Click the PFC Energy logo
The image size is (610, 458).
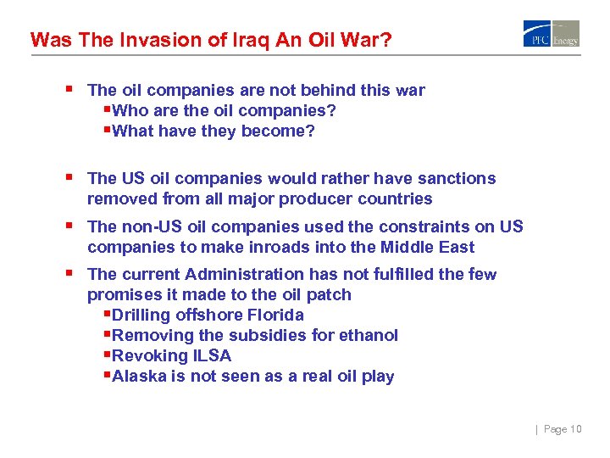tap(551, 34)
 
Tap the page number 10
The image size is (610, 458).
tap(575, 429)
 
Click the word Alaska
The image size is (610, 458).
tap(136, 376)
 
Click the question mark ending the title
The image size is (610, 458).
tap(386, 39)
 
